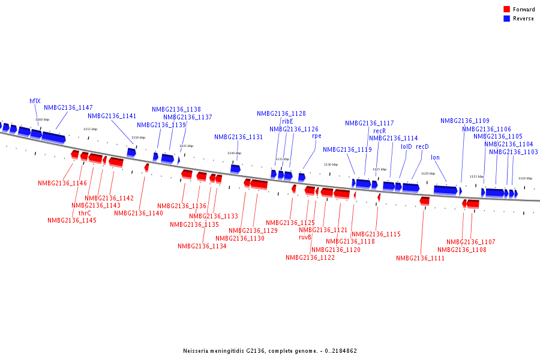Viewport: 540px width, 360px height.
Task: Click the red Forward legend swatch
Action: tap(507, 10)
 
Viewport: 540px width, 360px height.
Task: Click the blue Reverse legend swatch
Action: tap(507, 19)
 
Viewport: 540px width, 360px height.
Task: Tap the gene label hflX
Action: tap(35, 101)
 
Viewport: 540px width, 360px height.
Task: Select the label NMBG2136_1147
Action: tap(68, 107)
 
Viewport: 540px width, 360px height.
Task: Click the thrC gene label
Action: tap(85, 212)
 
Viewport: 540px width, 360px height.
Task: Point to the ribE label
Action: tap(287, 121)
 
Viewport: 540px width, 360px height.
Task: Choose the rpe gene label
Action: tap(316, 136)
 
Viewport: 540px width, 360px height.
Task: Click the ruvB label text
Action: tap(305, 237)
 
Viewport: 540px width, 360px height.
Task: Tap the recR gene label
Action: tap(379, 131)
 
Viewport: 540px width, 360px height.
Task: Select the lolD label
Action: tap(406, 146)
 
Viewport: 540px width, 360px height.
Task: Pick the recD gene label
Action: tap(422, 146)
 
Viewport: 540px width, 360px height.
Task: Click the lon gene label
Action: tap(435, 157)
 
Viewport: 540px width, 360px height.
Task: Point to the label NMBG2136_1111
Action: tap(420, 258)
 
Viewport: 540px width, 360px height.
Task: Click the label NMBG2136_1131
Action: tap(239, 137)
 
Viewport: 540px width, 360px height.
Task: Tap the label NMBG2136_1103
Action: tap(513, 152)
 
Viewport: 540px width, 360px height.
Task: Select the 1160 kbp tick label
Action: tap(43, 119)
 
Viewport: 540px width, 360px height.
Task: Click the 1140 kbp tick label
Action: tap(234, 153)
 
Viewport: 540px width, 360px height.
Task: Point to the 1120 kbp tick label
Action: tap(428, 173)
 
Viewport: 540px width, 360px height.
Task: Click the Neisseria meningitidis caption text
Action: tap(270, 351)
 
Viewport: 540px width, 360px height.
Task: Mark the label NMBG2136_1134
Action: tap(202, 246)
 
